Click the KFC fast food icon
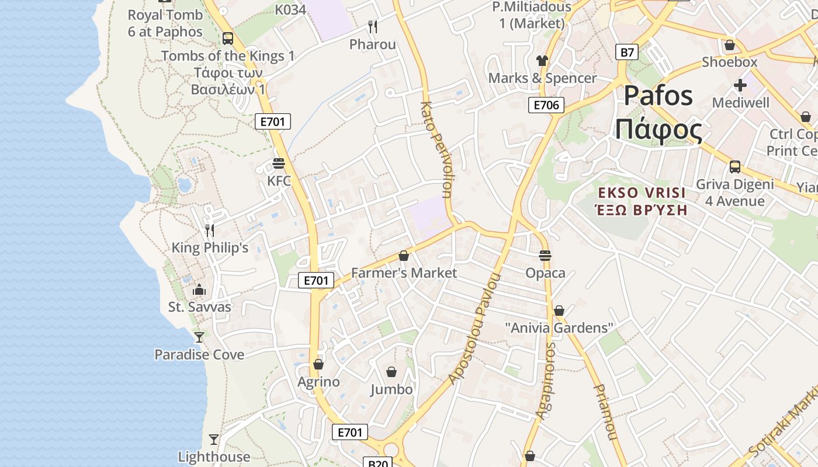pos(279,163)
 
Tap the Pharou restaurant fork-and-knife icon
pos(373,26)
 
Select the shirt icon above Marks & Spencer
pos(542,61)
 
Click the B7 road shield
pos(626,53)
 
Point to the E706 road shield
pos(546,105)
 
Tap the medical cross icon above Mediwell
pos(740,85)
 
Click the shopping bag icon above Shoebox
pos(729,44)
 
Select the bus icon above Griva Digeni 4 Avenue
pos(734,167)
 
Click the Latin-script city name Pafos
pos(658,96)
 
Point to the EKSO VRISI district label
pos(640,193)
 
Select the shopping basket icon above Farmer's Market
pos(403,256)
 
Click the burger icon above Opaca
pos(545,255)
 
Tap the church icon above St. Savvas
pos(199,290)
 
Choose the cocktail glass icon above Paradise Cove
pos(199,337)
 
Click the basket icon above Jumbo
pos(391,372)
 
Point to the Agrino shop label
pos(318,382)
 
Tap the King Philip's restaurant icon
pos(210,231)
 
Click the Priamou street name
pos(605,412)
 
